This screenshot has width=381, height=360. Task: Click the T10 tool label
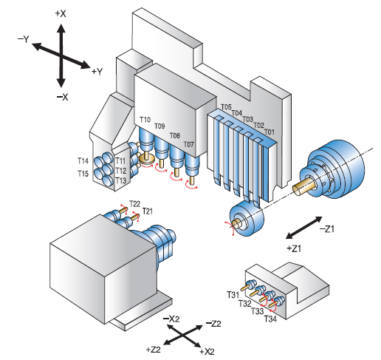(x=145, y=120)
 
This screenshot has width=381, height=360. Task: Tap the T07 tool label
(x=189, y=144)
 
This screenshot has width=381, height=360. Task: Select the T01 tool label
(x=269, y=132)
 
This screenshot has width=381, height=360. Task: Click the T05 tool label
(x=226, y=107)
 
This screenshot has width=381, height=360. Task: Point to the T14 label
(x=83, y=161)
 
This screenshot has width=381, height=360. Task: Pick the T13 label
(x=120, y=180)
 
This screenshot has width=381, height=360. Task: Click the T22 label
(x=135, y=204)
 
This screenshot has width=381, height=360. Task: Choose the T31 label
(x=233, y=295)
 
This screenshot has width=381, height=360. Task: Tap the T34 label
(x=270, y=319)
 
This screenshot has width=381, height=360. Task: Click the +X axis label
(x=61, y=14)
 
